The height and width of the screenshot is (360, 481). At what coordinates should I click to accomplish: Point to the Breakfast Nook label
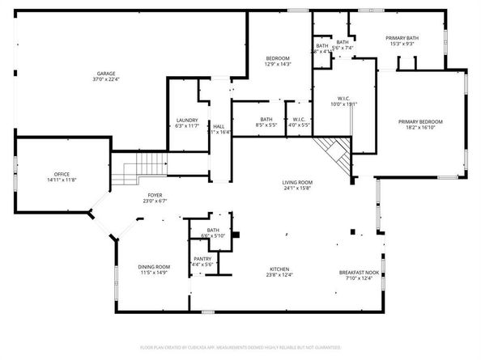(x=359, y=273)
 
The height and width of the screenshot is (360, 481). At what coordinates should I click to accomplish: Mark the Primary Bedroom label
(x=420, y=121)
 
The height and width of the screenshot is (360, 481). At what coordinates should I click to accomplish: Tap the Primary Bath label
(x=402, y=39)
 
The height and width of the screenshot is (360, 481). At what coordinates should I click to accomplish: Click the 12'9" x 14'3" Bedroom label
(x=279, y=59)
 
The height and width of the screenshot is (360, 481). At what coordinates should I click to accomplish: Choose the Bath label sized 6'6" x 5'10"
(x=214, y=231)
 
